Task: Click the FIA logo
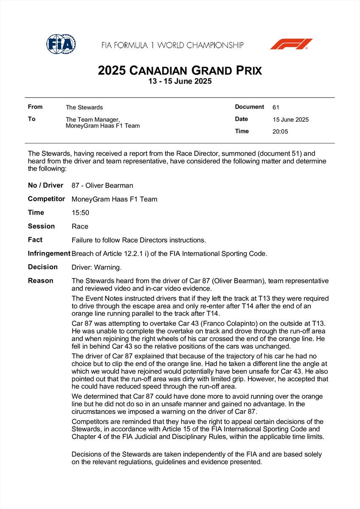point(61,44)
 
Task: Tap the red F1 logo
point(291,44)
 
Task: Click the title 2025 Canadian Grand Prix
point(180,70)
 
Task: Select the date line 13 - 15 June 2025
point(180,81)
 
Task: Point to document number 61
point(276,108)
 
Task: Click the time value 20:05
point(280,131)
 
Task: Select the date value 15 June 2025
point(291,120)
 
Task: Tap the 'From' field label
point(35,107)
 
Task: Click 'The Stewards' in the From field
point(84,108)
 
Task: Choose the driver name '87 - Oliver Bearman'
point(102,185)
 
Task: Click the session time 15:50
point(81,213)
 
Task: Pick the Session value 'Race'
point(80,227)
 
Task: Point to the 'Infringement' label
point(49,254)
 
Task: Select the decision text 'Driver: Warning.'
point(97,267)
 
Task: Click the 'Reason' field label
point(41,281)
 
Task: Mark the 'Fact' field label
point(35,240)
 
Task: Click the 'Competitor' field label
point(46,199)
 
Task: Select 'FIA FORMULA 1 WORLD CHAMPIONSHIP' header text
point(172,45)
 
